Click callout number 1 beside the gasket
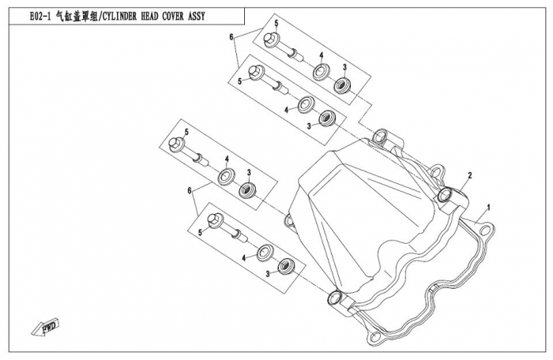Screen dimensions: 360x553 [x=489, y=207]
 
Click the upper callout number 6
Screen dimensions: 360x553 [x=231, y=37]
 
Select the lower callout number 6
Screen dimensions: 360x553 [x=190, y=191]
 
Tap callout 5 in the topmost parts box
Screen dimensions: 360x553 [x=276, y=24]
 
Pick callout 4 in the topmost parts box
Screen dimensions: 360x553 [x=322, y=55]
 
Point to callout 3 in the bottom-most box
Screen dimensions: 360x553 [x=268, y=273]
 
